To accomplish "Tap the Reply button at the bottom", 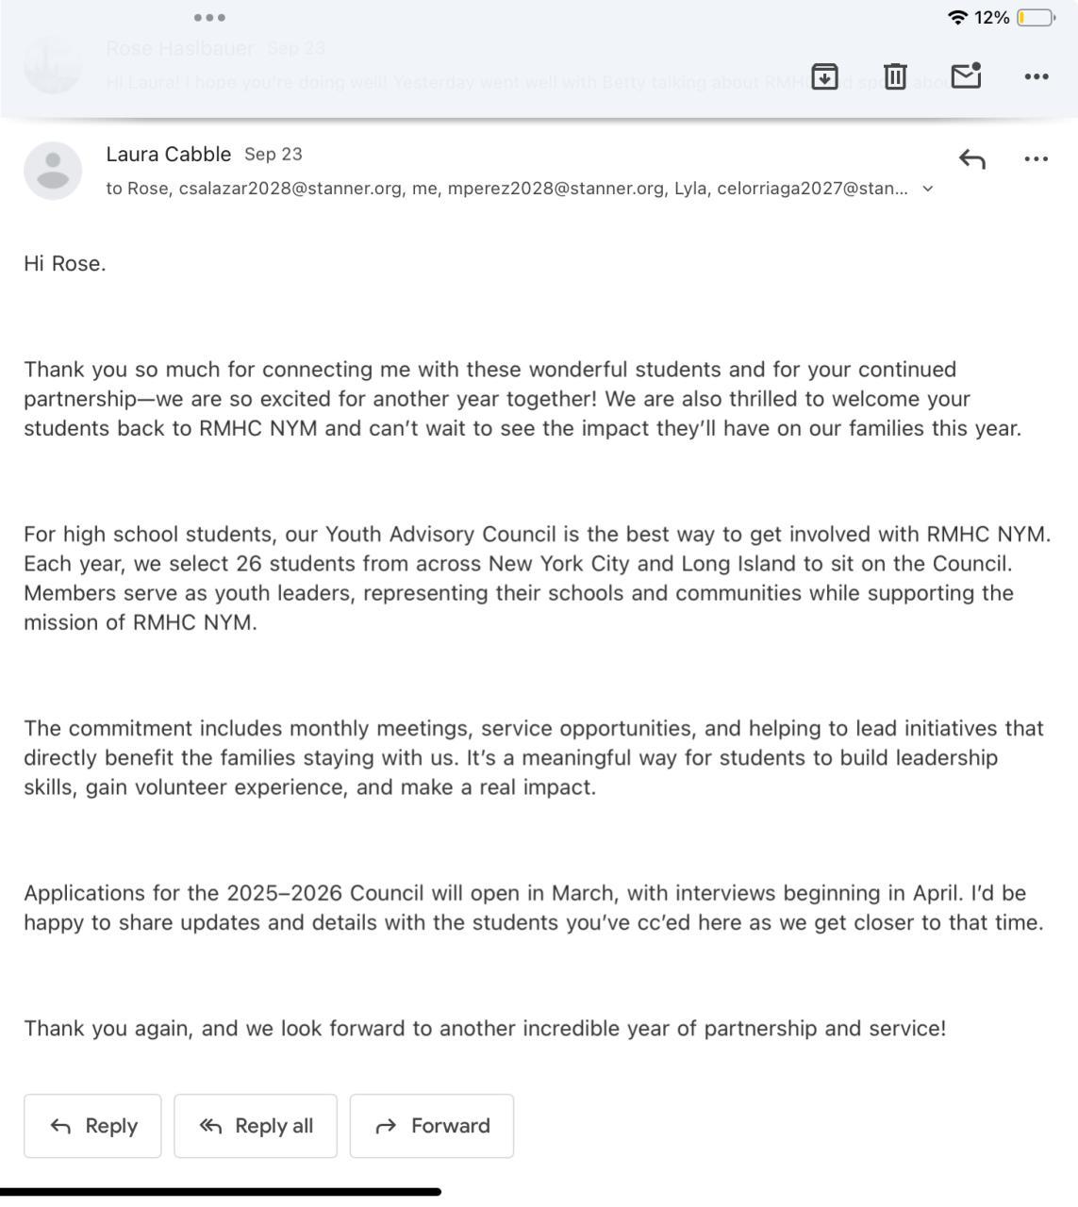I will (92, 1126).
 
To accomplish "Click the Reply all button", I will (256, 1126).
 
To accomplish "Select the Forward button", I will (432, 1126).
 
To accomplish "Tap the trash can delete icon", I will (895, 76).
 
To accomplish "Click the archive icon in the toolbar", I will (824, 76).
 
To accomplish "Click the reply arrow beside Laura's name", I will (971, 159).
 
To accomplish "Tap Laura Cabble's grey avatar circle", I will (53, 171).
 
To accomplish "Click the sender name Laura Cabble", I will (168, 154).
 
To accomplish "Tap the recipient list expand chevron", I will (928, 189).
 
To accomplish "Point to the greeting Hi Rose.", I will (65, 264).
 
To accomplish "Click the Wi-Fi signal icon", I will (957, 17).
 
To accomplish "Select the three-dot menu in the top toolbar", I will (1036, 76).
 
